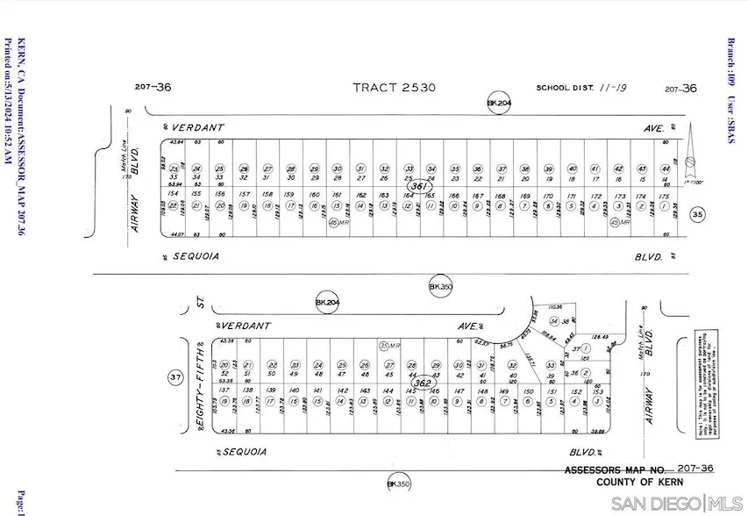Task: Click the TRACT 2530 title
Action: [394, 88]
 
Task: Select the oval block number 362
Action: [423, 383]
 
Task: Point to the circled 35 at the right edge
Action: [698, 215]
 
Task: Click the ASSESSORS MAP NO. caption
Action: [615, 470]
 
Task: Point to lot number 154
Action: [173, 194]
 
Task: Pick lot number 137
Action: [224, 390]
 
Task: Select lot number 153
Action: [597, 391]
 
